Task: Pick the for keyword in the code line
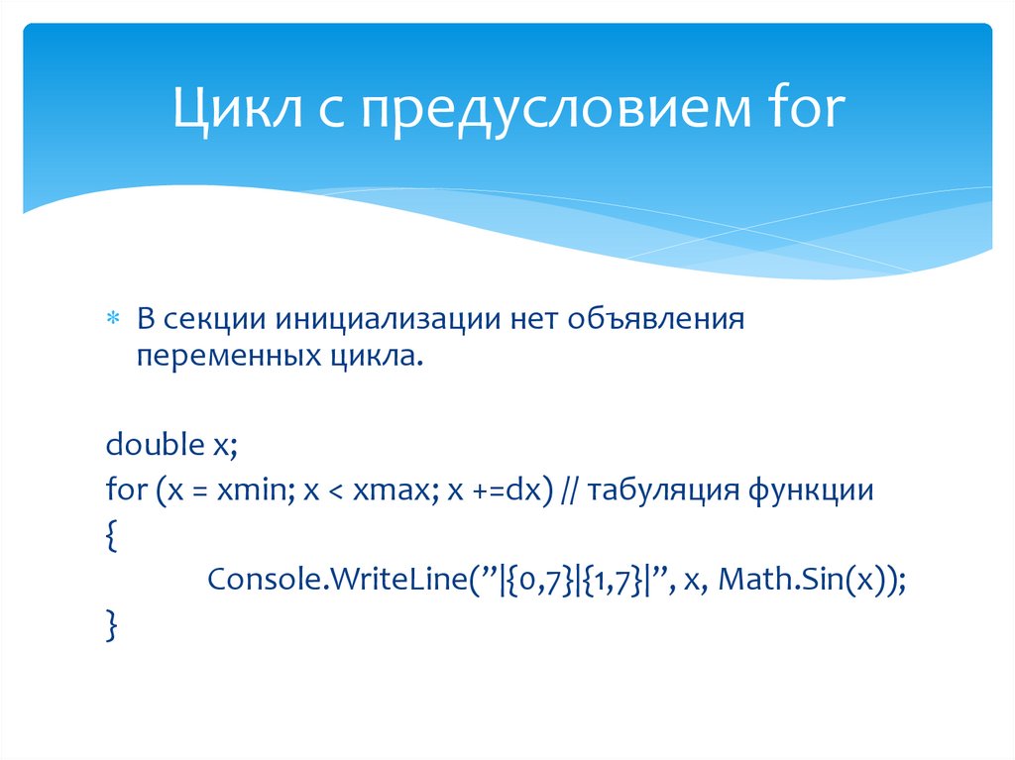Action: [122, 490]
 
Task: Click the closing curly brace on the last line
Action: [110, 626]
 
